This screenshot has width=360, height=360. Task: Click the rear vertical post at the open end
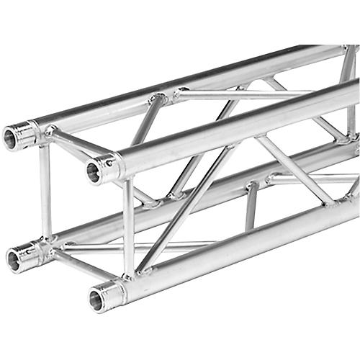pos(45,191)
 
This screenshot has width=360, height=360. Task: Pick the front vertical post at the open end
pos(128,227)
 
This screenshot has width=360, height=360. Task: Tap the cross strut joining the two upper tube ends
pos(79,148)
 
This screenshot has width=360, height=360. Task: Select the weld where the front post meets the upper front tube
pos(127,179)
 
